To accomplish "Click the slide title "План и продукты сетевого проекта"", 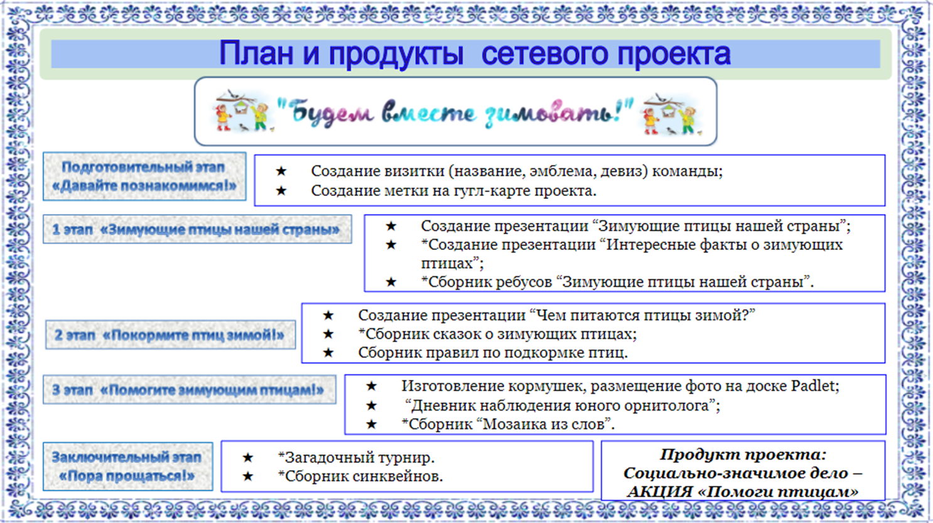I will (x=474, y=54).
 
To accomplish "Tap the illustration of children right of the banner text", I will (x=670, y=114).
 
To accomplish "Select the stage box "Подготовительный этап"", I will (x=144, y=176).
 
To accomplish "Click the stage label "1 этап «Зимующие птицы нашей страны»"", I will (x=197, y=230).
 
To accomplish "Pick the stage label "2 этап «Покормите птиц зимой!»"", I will (x=170, y=335).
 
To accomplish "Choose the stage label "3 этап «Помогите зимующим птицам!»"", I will (x=189, y=391).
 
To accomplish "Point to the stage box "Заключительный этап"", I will (x=127, y=466).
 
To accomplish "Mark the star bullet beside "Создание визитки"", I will (x=281, y=171).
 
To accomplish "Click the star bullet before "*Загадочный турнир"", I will (x=248, y=458).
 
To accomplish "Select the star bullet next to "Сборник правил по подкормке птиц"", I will (x=328, y=353).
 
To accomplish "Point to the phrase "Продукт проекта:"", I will (x=743, y=455).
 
